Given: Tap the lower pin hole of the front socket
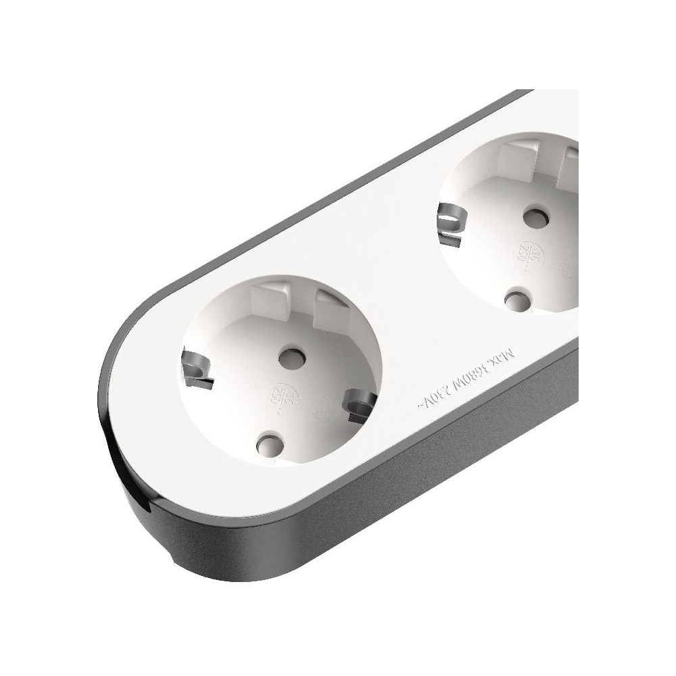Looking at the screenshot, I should (x=269, y=443).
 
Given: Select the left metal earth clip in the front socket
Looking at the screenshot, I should (x=195, y=370).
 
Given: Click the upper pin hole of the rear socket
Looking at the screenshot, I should (x=535, y=216).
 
